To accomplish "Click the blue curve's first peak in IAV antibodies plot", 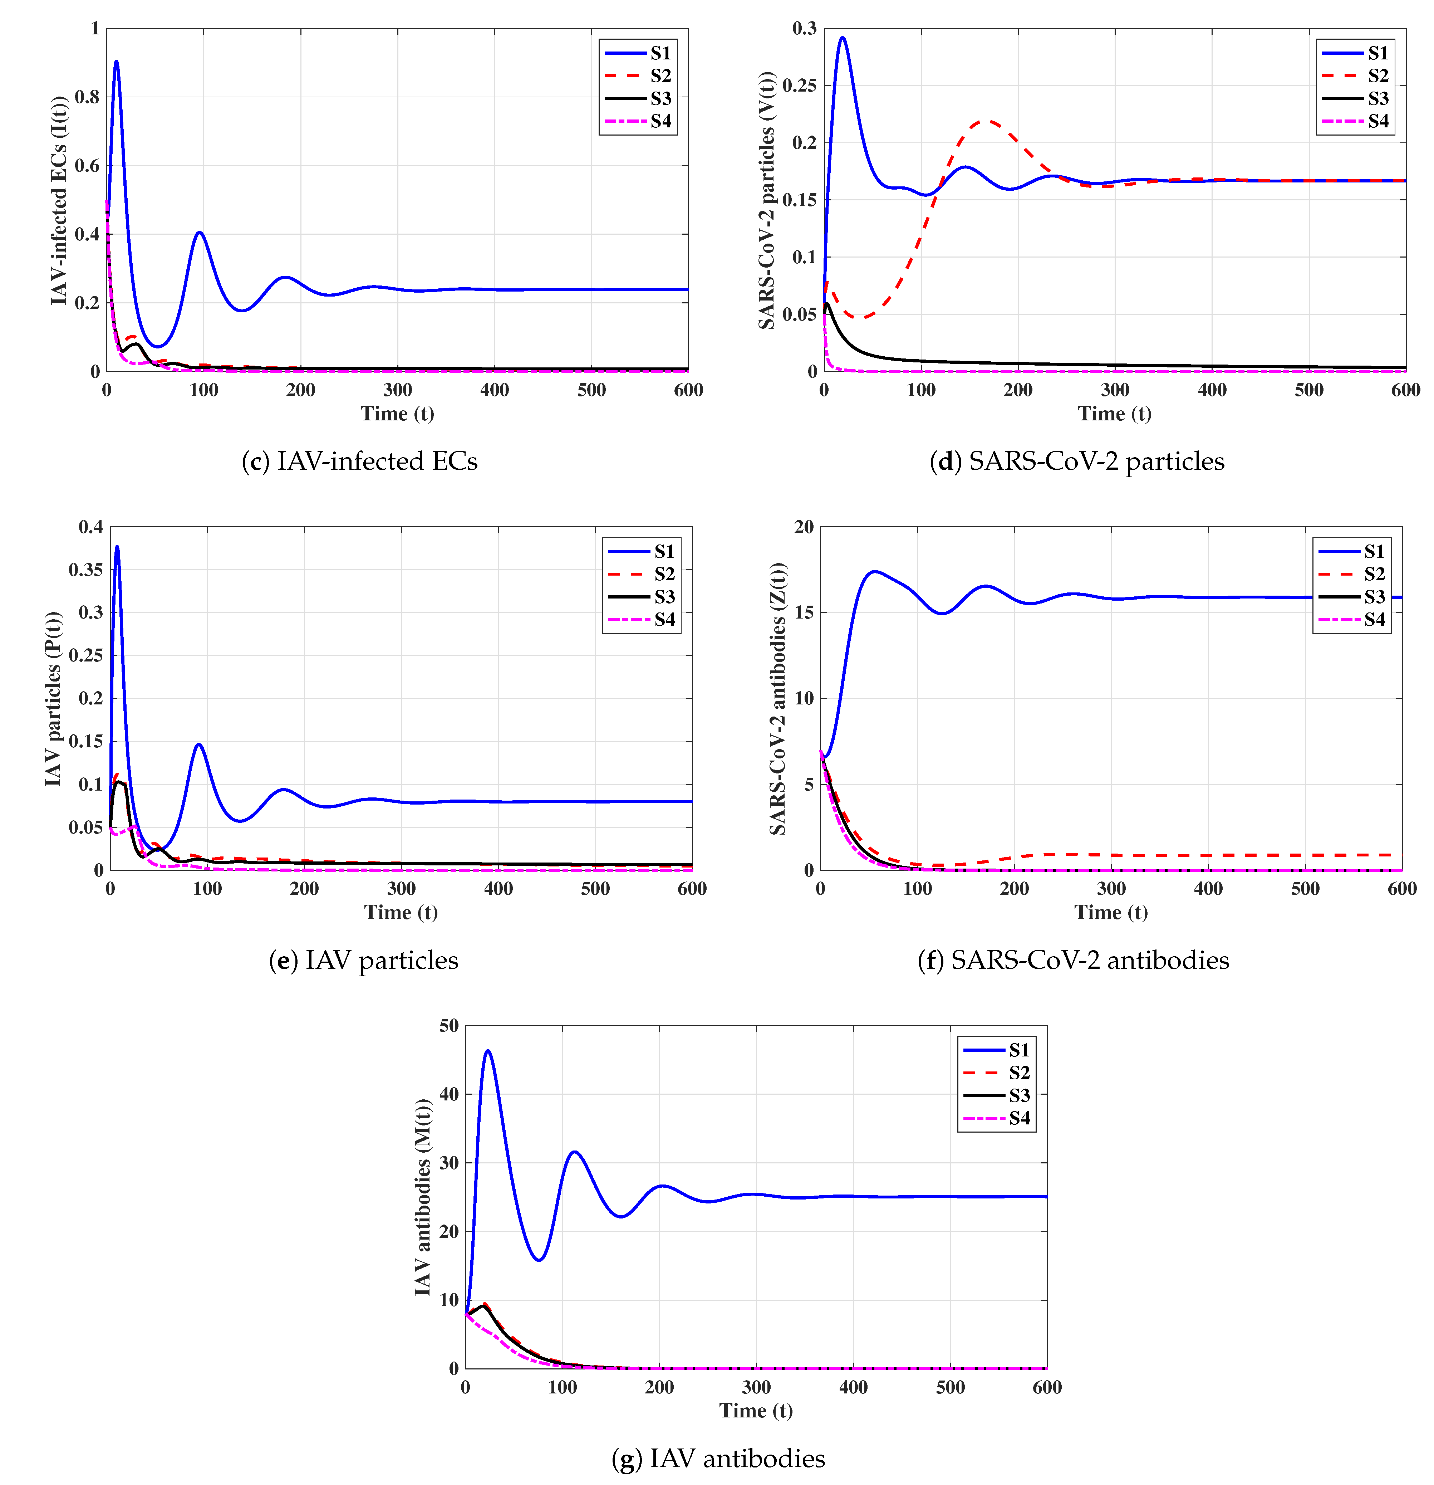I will pos(488,1051).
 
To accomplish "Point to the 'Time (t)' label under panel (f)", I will pos(1110,912).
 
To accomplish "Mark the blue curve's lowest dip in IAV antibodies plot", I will pos(539,1260).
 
